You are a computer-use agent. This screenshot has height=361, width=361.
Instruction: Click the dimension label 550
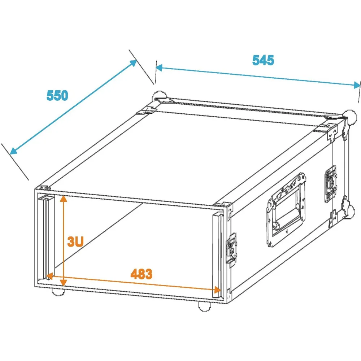[57, 95]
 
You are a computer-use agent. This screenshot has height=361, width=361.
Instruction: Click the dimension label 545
[263, 60]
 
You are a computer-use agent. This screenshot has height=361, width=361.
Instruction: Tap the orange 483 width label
[142, 274]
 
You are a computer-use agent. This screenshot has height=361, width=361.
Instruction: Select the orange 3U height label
[75, 242]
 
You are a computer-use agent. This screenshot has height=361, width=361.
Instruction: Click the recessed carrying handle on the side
[286, 210]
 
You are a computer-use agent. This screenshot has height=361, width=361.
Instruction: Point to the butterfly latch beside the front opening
[231, 250]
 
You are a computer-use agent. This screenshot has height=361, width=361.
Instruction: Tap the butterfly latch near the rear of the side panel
[331, 184]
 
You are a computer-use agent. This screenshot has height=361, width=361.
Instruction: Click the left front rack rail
[46, 237]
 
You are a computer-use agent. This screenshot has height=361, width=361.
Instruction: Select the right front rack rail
[218, 255]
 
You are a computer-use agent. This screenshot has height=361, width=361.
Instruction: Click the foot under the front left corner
[58, 292]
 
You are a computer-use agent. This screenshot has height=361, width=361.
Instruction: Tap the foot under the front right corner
[204, 307]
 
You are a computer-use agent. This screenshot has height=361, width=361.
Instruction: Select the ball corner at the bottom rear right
[351, 212]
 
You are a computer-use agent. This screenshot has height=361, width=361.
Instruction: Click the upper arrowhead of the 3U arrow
[64, 199]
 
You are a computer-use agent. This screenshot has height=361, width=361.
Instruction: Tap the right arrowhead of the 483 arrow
[217, 290]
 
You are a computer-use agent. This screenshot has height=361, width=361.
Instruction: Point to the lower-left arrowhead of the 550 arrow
[13, 151]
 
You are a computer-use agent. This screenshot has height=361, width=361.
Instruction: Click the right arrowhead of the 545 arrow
[357, 86]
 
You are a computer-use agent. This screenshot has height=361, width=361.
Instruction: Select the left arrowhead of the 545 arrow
[159, 68]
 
